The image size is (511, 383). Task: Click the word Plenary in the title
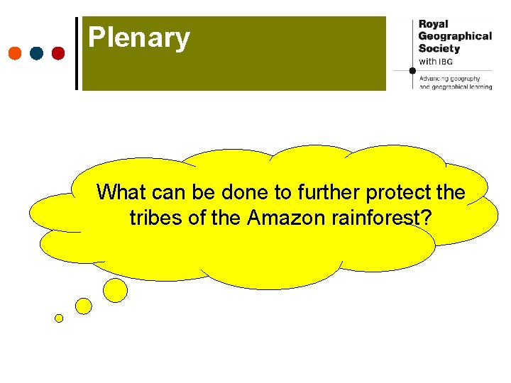[x=139, y=38]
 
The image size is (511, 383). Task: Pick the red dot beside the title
[x=58, y=53]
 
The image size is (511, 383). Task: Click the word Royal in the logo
[x=434, y=24]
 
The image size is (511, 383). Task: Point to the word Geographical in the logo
[x=455, y=36]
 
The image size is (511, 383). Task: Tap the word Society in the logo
[x=439, y=48]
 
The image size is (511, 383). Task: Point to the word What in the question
[x=121, y=192]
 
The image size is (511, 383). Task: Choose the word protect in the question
[x=401, y=192]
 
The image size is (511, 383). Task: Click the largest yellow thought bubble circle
[x=116, y=289]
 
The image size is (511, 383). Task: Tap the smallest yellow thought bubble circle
[x=59, y=318]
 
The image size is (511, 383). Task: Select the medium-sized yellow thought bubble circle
[x=84, y=306]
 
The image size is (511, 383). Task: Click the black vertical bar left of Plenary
[x=77, y=53]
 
